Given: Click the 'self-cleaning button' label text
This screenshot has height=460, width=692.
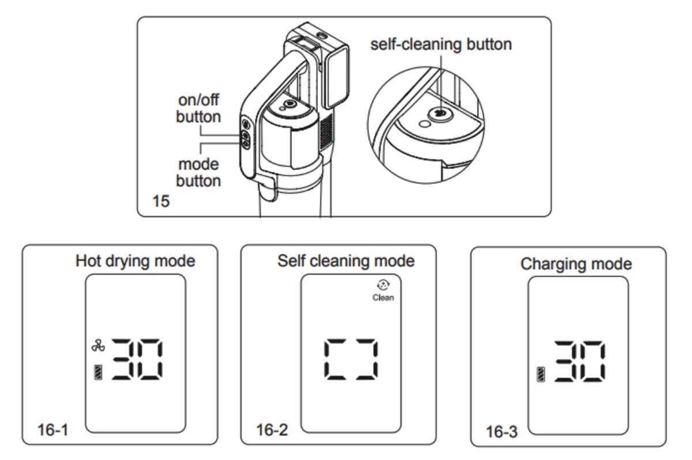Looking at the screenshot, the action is pyautogui.click(x=441, y=44).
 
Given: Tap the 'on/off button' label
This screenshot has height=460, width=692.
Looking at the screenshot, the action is pyautogui.click(x=198, y=108).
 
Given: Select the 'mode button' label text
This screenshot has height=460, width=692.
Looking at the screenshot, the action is pyautogui.click(x=198, y=172).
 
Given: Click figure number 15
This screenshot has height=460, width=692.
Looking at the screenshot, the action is pyautogui.click(x=161, y=201).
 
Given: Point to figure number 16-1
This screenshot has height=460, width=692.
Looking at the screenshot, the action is pyautogui.click(x=53, y=430).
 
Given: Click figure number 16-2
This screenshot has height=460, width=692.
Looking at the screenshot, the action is pyautogui.click(x=272, y=430).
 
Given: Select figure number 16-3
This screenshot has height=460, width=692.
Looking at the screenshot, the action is pyautogui.click(x=502, y=432).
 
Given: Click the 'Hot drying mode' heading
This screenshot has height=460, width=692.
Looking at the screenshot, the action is pyautogui.click(x=136, y=261).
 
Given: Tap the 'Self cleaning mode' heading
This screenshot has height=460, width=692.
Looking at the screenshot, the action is pyautogui.click(x=345, y=261).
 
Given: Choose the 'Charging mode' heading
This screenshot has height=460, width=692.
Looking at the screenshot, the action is pyautogui.click(x=576, y=264).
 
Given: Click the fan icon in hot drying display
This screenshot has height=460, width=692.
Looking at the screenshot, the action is pyautogui.click(x=98, y=346).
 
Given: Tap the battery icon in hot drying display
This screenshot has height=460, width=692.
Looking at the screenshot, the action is pyautogui.click(x=98, y=372).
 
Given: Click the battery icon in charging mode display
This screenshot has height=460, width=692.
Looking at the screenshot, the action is pyautogui.click(x=541, y=375).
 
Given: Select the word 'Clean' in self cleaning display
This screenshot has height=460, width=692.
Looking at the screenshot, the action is pyautogui.click(x=383, y=297).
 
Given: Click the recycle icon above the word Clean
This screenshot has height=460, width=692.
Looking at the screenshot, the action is pyautogui.click(x=383, y=285).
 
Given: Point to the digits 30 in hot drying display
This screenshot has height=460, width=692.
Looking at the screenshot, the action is pyautogui.click(x=137, y=359).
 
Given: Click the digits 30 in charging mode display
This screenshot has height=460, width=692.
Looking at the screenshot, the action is pyautogui.click(x=580, y=361).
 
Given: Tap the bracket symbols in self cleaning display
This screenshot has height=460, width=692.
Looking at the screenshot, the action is pyautogui.click(x=351, y=359).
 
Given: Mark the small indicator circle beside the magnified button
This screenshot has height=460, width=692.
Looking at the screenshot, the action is pyautogui.click(x=424, y=124).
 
